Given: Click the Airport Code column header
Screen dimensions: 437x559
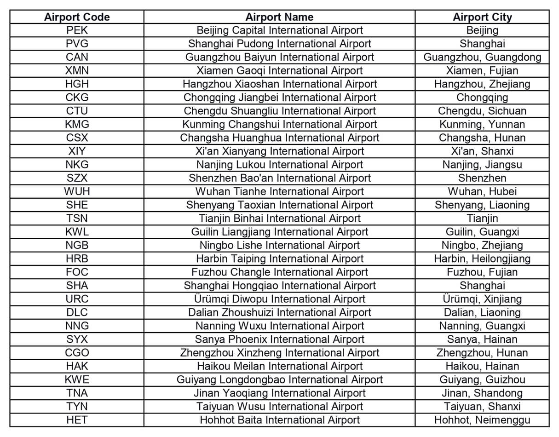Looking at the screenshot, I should [77, 17].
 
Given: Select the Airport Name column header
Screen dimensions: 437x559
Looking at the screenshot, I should [279, 17].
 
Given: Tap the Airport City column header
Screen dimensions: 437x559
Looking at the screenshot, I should [482, 17].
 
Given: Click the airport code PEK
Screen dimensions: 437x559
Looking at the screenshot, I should [77, 30].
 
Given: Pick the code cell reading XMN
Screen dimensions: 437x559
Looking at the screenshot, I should [77, 71].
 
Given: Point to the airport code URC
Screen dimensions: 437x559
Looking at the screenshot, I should [77, 299].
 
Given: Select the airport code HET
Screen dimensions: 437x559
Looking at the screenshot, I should [77, 420].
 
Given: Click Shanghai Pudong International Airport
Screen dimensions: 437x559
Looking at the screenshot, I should [279, 44].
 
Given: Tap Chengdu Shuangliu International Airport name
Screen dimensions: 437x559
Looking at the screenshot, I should [279, 111].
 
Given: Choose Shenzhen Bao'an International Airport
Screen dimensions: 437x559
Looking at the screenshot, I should [279, 178].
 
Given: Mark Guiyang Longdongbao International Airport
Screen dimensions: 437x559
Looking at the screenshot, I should [279, 379].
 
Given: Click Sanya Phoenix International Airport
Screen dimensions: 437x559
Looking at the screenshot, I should [279, 339].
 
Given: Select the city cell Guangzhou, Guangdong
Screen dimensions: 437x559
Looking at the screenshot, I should [482, 57].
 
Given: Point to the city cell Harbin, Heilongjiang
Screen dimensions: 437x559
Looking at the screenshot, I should [482, 259].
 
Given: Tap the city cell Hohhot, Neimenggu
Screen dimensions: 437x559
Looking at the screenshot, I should [482, 420].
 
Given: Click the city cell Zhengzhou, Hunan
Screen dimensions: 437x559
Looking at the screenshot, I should [482, 353].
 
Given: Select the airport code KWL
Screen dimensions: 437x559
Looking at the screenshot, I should [77, 232].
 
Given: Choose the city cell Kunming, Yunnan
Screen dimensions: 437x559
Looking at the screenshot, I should [482, 124].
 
